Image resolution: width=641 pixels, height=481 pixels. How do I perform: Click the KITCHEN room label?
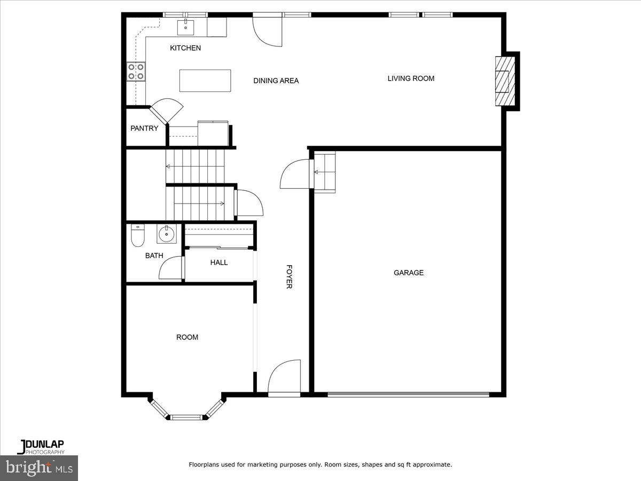(185, 48)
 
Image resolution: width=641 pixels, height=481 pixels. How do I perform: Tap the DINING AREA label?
(276, 81)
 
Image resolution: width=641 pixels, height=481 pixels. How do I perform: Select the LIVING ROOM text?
(411, 79)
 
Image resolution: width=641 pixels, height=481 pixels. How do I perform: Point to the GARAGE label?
(409, 273)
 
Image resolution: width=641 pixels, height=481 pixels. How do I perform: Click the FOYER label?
(289, 277)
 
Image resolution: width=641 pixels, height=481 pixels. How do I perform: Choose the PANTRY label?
(144, 128)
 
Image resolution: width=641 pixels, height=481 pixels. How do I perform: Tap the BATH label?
(154, 255)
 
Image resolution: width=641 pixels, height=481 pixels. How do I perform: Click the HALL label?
(219, 262)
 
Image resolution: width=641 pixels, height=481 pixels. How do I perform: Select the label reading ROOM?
(187, 337)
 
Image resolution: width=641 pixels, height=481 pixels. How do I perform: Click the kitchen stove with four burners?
(136, 72)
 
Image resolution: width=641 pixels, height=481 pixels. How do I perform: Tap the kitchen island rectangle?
(205, 81)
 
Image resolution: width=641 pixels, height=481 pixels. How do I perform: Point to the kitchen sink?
(186, 26)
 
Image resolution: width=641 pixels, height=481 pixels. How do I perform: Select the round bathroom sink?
(167, 234)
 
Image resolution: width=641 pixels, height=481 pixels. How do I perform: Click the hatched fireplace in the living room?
(504, 81)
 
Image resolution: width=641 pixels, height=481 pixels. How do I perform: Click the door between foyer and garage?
(295, 174)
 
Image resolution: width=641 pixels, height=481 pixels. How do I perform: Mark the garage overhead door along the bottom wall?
(408, 395)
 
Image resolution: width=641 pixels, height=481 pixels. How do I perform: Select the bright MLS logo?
(39, 468)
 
